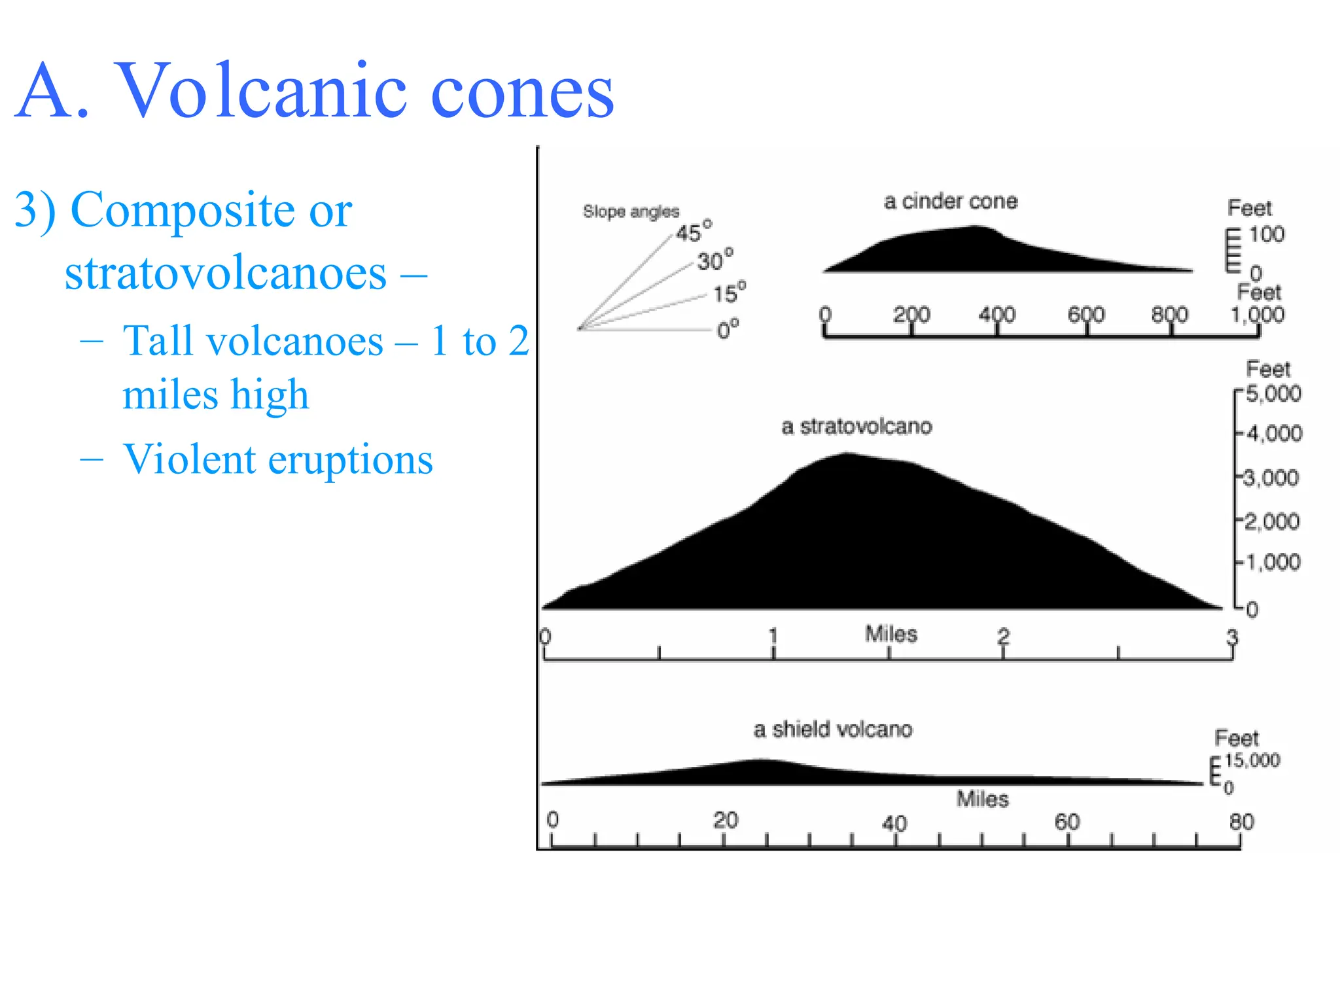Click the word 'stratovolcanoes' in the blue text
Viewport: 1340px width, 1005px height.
226,273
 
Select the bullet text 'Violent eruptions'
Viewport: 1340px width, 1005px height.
278,459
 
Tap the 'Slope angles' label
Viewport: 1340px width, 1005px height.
631,211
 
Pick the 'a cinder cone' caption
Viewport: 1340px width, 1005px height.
951,201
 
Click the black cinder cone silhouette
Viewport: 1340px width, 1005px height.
968,252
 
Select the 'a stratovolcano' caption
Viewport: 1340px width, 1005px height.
856,427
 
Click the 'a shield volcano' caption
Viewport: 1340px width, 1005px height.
832,730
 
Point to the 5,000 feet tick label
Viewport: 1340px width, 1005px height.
1273,394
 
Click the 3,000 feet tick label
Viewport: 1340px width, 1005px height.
1271,478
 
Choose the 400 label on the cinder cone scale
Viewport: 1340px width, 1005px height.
996,315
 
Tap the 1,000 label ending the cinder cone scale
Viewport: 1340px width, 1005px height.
1257,315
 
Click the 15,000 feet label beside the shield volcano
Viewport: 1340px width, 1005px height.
1252,760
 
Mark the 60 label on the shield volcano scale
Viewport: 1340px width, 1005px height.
1067,822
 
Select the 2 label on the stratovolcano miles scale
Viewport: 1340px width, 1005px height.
1004,636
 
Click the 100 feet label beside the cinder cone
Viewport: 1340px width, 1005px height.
1267,234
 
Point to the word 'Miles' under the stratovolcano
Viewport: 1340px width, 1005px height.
891,633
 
